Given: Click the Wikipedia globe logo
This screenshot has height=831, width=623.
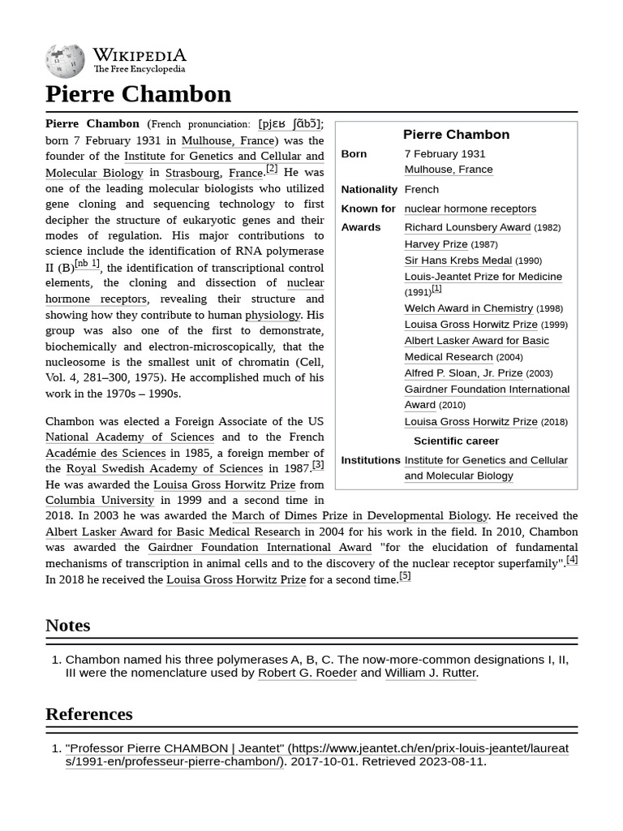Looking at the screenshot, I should coord(65,61).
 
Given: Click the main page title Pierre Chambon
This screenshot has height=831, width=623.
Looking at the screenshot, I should coord(138,94).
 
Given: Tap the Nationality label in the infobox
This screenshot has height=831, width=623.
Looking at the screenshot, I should coord(369,189).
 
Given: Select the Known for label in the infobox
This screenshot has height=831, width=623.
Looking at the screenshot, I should coord(368,209).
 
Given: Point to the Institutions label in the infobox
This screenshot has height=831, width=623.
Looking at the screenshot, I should coord(371,460).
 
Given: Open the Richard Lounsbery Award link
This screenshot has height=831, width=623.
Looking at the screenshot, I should coord(467,227).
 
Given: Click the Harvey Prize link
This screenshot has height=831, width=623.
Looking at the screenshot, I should coord(436,243).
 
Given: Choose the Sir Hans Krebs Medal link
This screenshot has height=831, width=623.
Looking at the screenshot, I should coord(458,260).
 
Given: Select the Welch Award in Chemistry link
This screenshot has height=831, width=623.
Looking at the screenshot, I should coord(468,308).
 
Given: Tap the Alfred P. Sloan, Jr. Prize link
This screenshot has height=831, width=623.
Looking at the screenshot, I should coord(463,373).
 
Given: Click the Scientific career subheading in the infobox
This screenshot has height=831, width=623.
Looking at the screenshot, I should coord(456,441).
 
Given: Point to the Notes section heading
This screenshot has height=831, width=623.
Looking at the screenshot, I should coord(67,625).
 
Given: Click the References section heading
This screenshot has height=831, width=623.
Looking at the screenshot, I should coord(88,714).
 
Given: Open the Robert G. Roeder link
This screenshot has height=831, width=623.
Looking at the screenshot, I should coord(307,673).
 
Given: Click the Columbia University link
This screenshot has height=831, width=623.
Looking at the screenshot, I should coord(99,501).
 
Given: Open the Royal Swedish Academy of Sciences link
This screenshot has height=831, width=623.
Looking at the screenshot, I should coord(164,468).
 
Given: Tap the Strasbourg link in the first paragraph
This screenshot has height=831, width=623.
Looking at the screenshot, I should coord(192,173).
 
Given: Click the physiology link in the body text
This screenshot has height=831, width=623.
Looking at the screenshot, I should coord(273,315).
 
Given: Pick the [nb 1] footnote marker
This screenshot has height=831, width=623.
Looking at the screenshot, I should coord(87,264).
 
